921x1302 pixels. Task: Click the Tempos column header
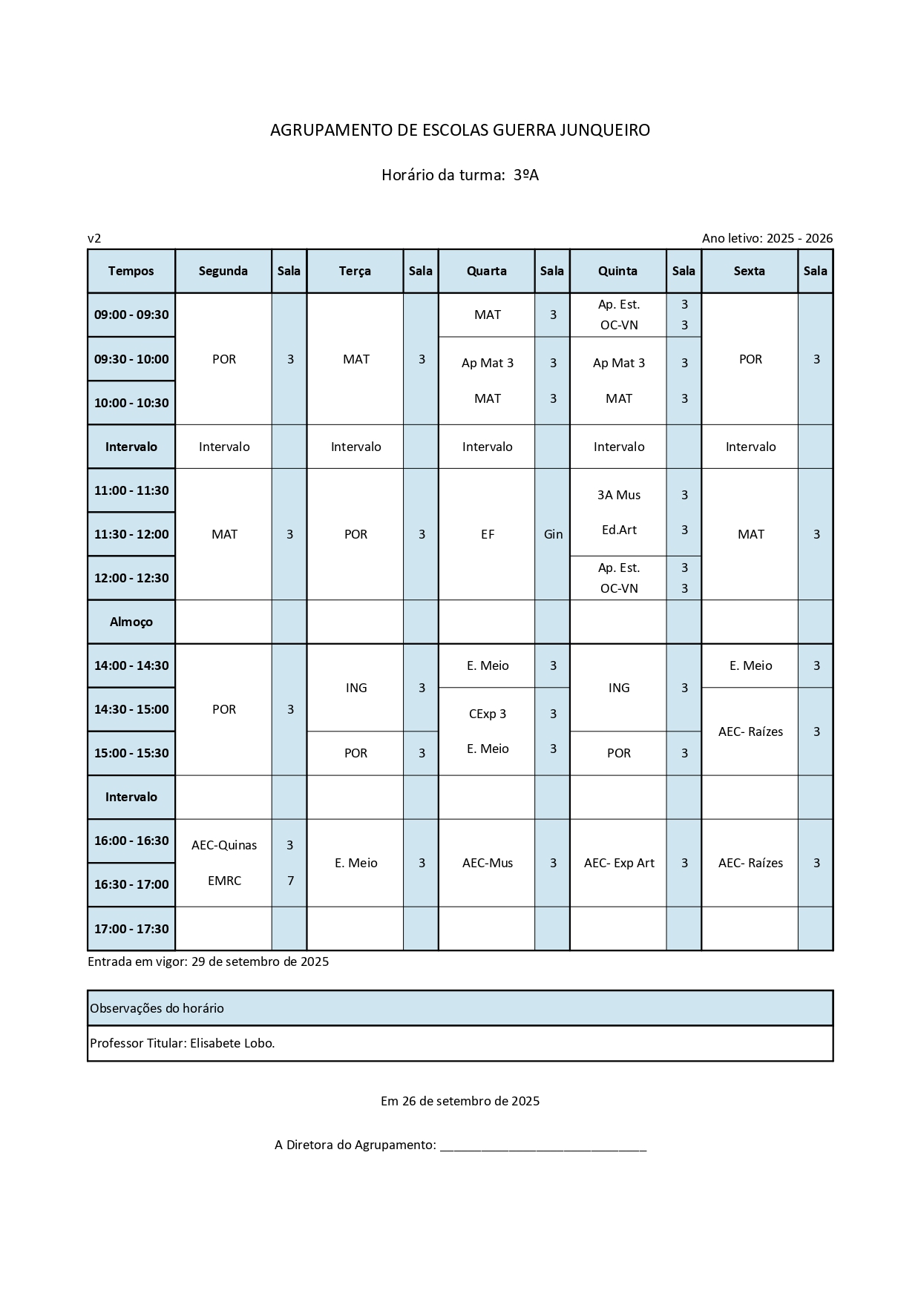pos(131,271)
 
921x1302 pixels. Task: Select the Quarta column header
pos(486,271)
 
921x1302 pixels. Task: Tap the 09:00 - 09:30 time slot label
pos(131,315)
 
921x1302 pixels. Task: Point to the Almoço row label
pos(131,622)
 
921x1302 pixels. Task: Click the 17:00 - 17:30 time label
pos(131,929)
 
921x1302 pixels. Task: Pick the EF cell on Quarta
pos(487,534)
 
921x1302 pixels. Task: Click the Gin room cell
pos(553,534)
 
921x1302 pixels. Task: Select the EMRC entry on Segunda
pos(224,881)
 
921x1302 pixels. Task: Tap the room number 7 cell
pos(290,881)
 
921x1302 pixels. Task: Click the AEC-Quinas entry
pos(224,845)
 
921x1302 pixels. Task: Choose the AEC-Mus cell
pos(487,863)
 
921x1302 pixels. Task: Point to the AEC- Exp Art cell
pos(619,863)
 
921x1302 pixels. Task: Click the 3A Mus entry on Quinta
pos(618,495)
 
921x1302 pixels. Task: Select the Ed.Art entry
pos(619,530)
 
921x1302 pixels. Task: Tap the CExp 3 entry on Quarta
pos(487,714)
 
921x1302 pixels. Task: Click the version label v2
pos(94,238)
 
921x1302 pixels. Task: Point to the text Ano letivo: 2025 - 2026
pos(767,238)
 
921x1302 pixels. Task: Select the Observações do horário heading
pos(157,1008)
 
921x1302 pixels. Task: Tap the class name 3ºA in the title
pos(525,175)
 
